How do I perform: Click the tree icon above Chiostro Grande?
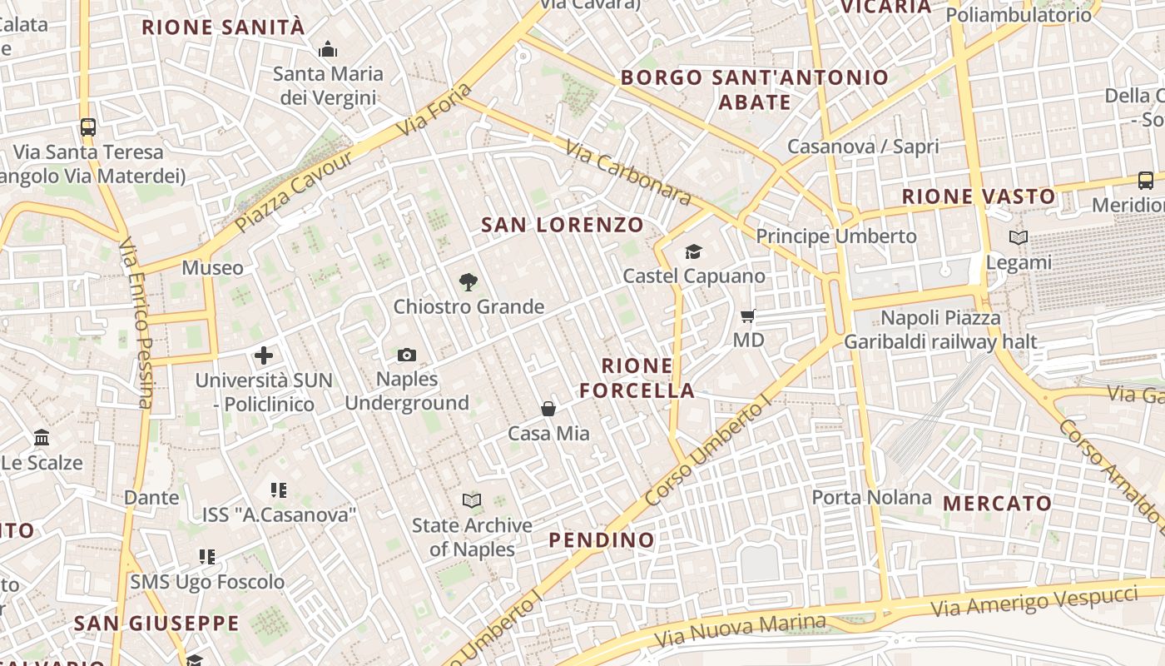coord(468,282)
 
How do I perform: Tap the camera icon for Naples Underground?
coord(406,355)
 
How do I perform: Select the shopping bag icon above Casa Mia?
coord(548,409)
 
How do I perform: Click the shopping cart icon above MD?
coord(748,316)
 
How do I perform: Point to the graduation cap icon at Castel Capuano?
coord(693,251)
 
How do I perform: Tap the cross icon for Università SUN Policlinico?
coord(264,356)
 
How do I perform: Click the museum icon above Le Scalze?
coord(42,438)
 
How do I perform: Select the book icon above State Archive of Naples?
coord(472,500)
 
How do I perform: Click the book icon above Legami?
coord(1019,238)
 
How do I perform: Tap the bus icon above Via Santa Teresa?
coord(88,127)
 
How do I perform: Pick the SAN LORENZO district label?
coord(563,225)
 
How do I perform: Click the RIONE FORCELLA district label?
coord(637,378)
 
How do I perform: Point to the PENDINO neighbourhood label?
coord(602,540)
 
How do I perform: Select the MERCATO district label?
coord(997,504)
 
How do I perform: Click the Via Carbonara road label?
coord(628,173)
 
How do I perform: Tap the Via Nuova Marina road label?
coord(740,631)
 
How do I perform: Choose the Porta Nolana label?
coord(871,498)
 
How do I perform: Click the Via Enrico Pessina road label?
coord(136,325)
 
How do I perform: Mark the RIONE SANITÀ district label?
coord(223,27)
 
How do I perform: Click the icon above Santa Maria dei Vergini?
coord(329,49)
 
